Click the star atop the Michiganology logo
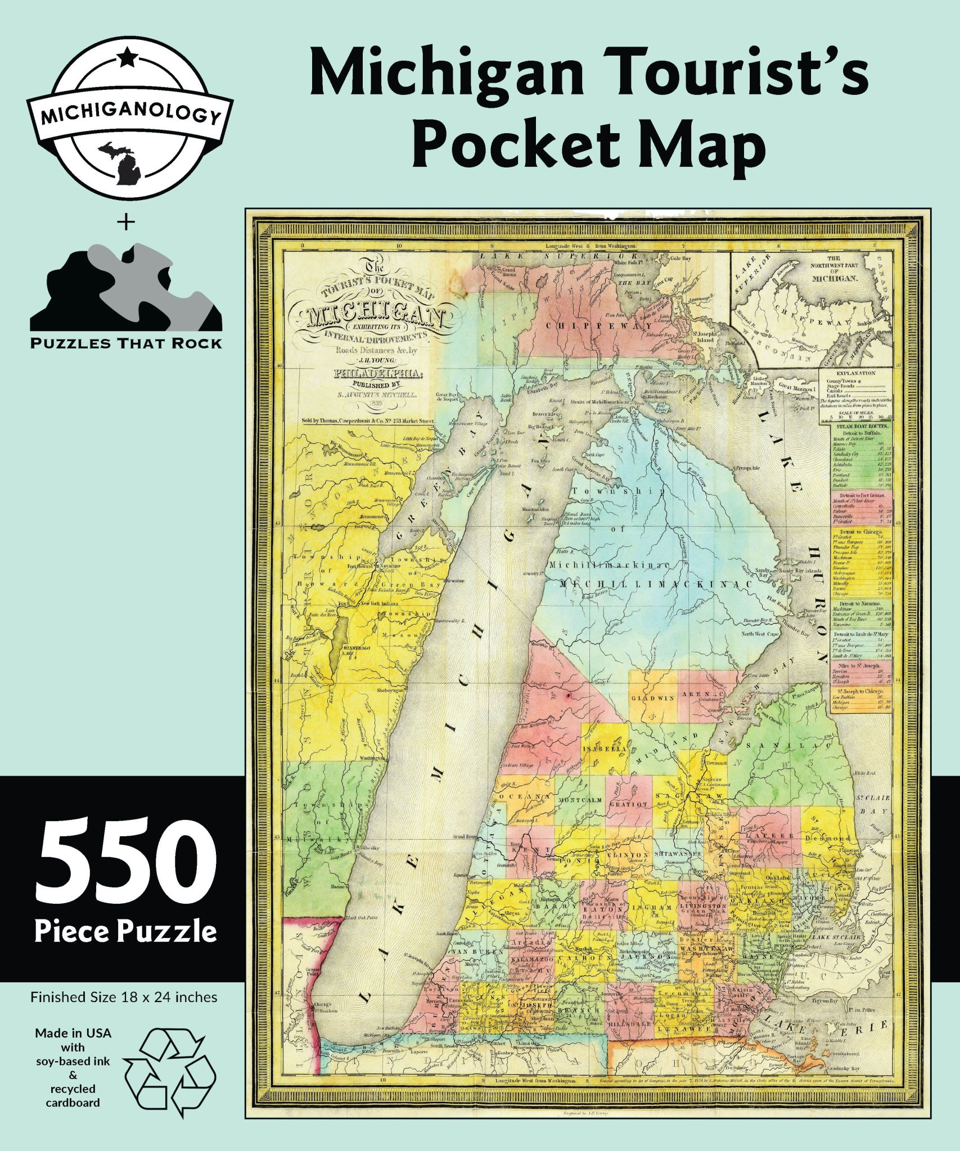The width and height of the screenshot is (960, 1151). [128, 56]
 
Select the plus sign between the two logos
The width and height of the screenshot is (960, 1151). [126, 223]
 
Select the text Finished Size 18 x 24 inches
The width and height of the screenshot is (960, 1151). [124, 997]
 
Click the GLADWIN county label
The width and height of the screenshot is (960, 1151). [652, 699]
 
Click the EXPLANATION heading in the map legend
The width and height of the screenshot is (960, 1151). [856, 373]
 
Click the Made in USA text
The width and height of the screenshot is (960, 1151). [73, 1033]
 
